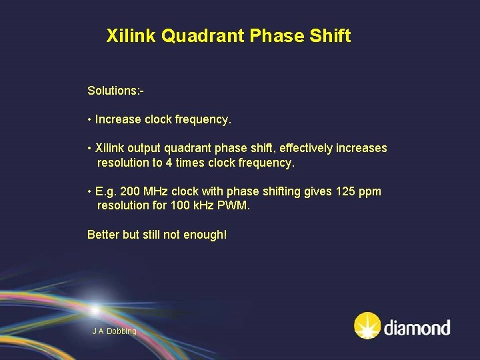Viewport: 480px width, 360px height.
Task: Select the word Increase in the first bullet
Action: point(118,120)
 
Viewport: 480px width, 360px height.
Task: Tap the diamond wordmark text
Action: point(417,327)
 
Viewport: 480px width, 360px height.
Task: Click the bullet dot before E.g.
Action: point(89,192)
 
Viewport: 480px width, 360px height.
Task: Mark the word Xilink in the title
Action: point(131,36)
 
